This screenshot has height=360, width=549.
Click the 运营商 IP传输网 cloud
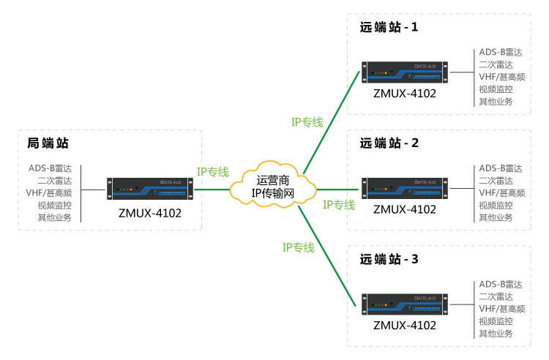pyautogui.click(x=272, y=188)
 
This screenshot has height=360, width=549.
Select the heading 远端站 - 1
pyautogui.click(x=389, y=28)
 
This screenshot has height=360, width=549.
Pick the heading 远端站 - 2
pyautogui.click(x=389, y=143)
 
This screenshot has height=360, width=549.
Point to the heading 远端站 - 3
pyautogui.click(x=389, y=259)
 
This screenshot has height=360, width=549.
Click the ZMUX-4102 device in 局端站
pyautogui.click(x=149, y=188)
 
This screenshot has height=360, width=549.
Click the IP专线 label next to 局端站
pyautogui.click(x=212, y=173)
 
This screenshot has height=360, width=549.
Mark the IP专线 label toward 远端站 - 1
pyautogui.click(x=307, y=122)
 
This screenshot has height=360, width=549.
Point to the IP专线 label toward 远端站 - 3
pyautogui.click(x=298, y=247)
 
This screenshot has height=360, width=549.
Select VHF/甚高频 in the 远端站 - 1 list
pyautogui.click(x=501, y=77)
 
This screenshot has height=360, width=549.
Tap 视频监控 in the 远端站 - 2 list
pyautogui.click(x=496, y=205)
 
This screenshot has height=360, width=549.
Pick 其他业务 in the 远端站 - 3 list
pyautogui.click(x=496, y=333)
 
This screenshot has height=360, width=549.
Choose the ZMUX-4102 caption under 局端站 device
pyautogui.click(x=149, y=213)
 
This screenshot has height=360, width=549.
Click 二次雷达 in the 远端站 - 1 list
pyautogui.click(x=496, y=64)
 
